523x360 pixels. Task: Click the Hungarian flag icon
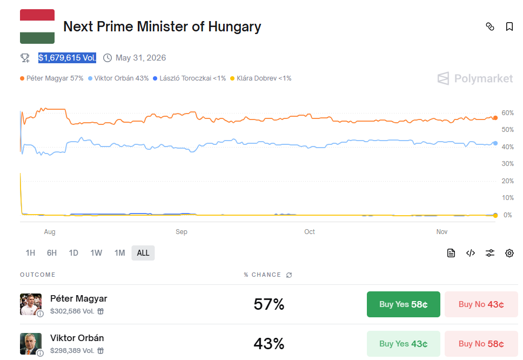tap(37, 26)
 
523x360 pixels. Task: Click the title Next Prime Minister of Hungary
tap(162, 26)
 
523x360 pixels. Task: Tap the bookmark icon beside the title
tap(509, 26)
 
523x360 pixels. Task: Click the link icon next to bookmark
tap(490, 26)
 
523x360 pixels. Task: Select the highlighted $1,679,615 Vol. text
tap(67, 58)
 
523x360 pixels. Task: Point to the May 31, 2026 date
tap(140, 58)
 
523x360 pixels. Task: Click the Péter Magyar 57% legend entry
tap(52, 78)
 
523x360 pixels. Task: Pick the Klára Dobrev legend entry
tap(261, 78)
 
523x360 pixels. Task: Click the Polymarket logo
tap(475, 79)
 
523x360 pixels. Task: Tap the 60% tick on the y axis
tap(507, 113)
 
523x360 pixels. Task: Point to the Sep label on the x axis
tap(182, 232)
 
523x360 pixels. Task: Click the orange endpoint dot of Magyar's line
tap(495, 118)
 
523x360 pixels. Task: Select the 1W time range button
tap(96, 253)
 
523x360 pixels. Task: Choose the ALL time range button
tap(143, 253)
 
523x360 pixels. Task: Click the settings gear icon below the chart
tap(509, 253)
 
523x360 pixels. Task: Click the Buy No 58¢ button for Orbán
tap(481, 344)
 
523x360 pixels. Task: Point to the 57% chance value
tap(269, 304)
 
